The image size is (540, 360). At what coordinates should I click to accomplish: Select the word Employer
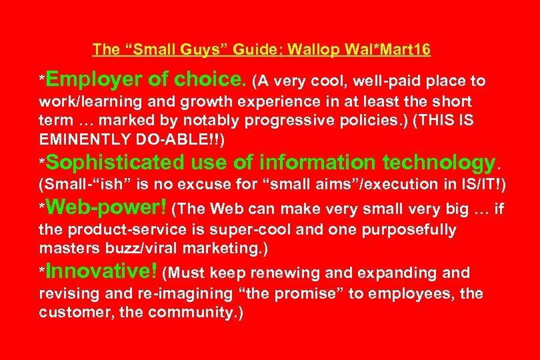(95, 81)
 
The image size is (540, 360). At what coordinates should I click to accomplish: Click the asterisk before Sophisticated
(42, 163)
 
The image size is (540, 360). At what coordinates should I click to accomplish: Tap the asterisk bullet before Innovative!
(42, 272)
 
